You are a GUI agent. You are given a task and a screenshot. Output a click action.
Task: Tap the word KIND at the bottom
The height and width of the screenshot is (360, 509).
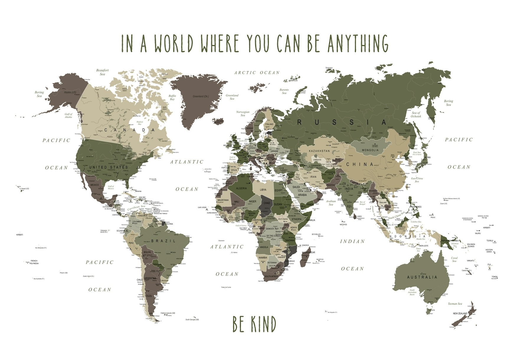(x=263, y=324)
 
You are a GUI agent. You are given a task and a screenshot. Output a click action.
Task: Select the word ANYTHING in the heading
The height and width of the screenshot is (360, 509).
(x=358, y=43)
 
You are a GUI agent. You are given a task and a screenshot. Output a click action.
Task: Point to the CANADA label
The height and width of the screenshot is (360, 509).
(x=130, y=130)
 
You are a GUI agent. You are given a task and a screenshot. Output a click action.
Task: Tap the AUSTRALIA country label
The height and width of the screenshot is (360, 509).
(x=422, y=277)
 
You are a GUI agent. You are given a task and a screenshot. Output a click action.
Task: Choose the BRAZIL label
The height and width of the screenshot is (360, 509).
(x=163, y=241)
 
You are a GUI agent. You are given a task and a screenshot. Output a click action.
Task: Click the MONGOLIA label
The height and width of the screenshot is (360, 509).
(x=370, y=150)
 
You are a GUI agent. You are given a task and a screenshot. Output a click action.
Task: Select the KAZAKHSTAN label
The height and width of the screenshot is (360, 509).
(x=319, y=151)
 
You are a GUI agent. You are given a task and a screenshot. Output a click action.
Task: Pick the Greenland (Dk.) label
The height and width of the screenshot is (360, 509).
(x=201, y=96)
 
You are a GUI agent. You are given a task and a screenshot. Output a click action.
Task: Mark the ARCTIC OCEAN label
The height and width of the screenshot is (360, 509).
(x=257, y=73)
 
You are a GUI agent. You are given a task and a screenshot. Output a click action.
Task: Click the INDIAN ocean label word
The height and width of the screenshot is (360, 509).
(x=352, y=241)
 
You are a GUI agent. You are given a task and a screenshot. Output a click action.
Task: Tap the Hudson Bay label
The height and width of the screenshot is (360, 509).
(x=140, y=123)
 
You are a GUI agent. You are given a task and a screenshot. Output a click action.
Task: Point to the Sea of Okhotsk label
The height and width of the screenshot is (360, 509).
(x=416, y=114)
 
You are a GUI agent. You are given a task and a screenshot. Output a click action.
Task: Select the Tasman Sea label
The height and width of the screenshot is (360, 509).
(x=455, y=304)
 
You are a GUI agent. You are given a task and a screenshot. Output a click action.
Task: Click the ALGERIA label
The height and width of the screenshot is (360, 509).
(x=241, y=188)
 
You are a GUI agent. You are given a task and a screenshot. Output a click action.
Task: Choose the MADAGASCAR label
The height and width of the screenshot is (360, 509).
(x=308, y=252)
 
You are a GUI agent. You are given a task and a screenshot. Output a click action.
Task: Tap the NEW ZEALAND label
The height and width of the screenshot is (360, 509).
(x=460, y=313)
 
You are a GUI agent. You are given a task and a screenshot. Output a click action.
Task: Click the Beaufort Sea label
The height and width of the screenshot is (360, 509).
(x=102, y=72)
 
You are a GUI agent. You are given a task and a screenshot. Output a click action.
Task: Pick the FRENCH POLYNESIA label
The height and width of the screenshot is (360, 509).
(x=34, y=262)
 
